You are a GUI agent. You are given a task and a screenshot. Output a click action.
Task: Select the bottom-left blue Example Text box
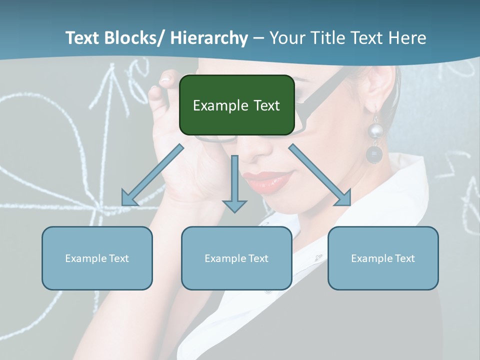point(97,258)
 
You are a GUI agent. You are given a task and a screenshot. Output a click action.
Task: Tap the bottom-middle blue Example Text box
point(236,258)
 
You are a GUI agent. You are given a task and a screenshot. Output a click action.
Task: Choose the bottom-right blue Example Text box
point(383,258)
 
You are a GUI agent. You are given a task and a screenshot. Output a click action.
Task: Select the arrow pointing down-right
point(320,175)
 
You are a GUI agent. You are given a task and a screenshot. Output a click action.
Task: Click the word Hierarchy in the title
point(209,38)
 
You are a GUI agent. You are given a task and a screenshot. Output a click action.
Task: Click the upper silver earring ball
point(375,131)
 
